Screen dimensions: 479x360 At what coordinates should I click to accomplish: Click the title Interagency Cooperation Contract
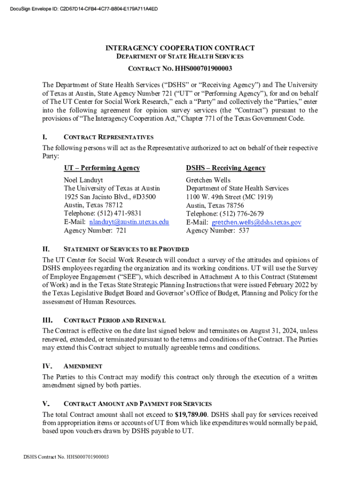pos(180,48)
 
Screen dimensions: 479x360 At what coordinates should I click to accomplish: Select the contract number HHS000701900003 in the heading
pos(203,69)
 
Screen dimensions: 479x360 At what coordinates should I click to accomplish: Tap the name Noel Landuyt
pos(83,180)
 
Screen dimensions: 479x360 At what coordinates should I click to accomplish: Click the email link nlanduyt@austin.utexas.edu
pos(129,222)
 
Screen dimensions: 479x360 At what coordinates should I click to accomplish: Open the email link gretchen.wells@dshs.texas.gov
pos(256,222)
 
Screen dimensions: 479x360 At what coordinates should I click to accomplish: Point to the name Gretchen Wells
pos(208,180)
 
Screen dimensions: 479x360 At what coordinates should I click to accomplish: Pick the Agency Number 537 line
pos(217,231)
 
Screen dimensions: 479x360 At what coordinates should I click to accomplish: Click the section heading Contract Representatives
pos(108,138)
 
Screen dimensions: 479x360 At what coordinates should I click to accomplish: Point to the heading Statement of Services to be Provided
pos(126,249)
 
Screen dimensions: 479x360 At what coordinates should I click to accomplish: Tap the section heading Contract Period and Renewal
pos(114,320)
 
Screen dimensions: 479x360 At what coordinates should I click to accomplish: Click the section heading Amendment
pos(83,366)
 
